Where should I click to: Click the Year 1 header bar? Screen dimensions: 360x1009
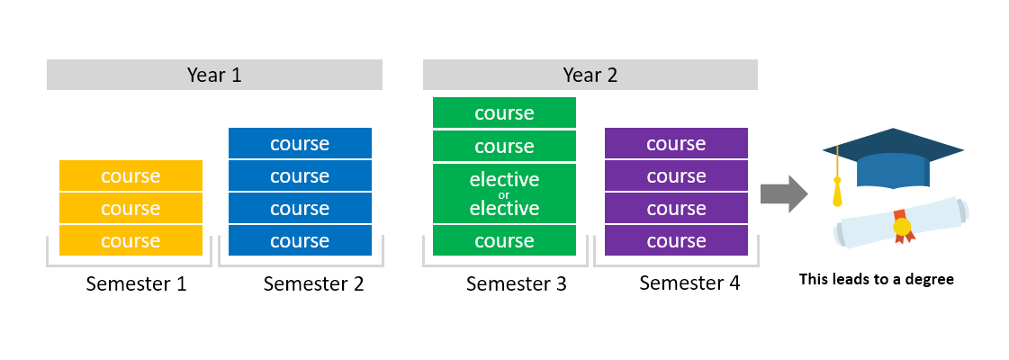point(214,75)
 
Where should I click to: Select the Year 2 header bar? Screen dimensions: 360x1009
point(590,75)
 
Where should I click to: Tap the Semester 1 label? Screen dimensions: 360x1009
point(136,284)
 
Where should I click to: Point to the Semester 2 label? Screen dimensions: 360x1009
point(313,284)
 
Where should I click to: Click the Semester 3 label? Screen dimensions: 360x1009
point(516,284)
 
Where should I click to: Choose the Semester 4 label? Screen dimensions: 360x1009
point(689,283)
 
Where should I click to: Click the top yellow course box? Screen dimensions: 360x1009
point(131,175)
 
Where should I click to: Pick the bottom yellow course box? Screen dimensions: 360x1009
point(131,241)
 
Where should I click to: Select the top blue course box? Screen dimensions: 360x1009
point(300,143)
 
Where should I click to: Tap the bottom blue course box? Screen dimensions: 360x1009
point(300,241)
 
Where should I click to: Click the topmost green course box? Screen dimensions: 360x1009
point(504,112)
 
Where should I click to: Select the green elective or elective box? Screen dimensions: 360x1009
point(504,193)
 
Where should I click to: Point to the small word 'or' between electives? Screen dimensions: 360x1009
point(504,194)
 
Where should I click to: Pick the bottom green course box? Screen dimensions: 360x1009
point(504,241)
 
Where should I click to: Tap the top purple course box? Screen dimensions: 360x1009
point(676,143)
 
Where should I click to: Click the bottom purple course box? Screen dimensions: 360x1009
point(676,241)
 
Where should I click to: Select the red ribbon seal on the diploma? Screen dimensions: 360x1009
point(902,228)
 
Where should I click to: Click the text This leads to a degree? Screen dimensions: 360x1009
point(876,279)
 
